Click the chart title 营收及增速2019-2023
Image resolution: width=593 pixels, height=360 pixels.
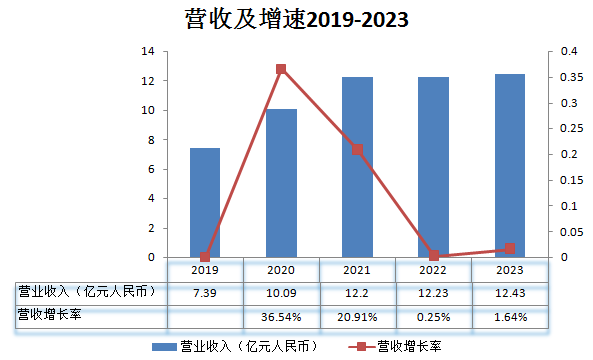tap(297, 19)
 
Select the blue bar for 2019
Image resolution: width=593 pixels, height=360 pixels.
tap(205, 202)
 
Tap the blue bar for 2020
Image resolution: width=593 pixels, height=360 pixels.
tap(281, 183)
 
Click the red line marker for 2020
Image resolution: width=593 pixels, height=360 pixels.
tap(281, 69)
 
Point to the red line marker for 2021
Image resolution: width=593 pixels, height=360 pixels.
tap(357, 150)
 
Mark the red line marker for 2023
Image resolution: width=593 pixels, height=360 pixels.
tap(510, 248)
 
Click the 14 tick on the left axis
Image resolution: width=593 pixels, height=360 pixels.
tap(147, 51)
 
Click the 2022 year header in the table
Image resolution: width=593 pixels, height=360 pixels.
tap(434, 270)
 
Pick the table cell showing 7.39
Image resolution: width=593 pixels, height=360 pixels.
tap(205, 292)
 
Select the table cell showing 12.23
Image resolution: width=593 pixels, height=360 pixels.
tap(434, 292)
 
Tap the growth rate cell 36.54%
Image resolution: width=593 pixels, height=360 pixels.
tap(281, 316)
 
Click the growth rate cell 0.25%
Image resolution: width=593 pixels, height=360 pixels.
tap(434, 316)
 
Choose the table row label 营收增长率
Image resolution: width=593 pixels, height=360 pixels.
tap(49, 316)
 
